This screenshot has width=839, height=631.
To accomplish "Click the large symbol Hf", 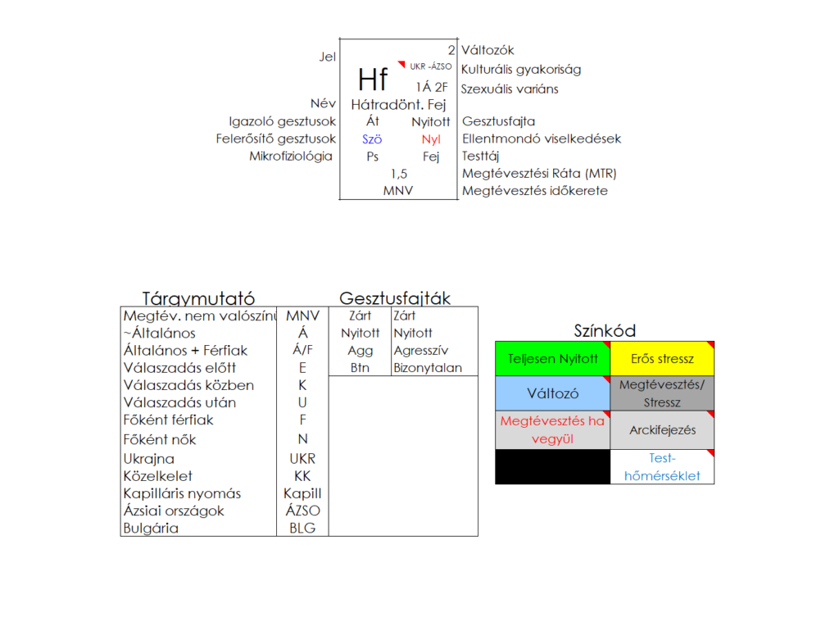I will click(373, 79).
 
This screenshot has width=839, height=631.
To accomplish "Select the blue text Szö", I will click(372, 139).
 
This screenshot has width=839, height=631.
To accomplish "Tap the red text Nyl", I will click(431, 139).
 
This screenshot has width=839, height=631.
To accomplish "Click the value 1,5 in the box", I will click(399, 174).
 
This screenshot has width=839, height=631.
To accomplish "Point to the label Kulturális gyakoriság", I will click(521, 70).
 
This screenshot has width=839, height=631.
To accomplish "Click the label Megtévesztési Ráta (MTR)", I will click(539, 174).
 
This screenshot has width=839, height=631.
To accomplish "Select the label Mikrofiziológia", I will click(291, 156).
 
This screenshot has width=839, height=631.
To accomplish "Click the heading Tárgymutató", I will click(198, 298).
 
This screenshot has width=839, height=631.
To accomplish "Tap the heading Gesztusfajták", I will click(395, 298).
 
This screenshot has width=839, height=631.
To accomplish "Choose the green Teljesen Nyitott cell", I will click(552, 359).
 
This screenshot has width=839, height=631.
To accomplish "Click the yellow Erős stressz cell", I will click(662, 359).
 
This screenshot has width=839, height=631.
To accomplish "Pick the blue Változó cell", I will click(552, 393).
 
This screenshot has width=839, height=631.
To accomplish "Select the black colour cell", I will click(552, 466).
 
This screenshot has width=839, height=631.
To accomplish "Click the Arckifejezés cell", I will click(662, 430).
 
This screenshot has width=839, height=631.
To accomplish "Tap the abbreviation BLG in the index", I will click(302, 529).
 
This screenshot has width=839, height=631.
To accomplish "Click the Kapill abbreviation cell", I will click(302, 493).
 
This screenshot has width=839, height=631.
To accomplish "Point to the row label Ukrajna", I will click(148, 459).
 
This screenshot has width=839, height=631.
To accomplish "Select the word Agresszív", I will click(420, 351).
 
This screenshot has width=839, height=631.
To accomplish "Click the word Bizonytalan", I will click(428, 368).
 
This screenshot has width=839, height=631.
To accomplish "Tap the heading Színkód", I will click(605, 331).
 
